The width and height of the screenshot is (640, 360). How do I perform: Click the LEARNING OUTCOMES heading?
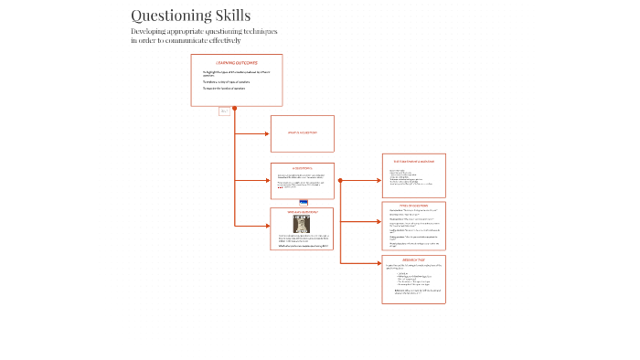(x=236, y=62)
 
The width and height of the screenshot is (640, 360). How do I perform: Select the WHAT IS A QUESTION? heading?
(x=302, y=132)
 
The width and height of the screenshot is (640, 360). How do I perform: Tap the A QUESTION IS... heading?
(x=302, y=169)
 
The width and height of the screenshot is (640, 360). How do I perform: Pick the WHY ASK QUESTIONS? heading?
(x=302, y=212)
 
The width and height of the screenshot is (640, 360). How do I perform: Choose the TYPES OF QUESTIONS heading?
(x=413, y=206)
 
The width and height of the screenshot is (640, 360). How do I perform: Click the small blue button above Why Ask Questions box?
(x=304, y=202)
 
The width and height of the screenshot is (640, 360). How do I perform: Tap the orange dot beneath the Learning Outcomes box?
(x=235, y=108)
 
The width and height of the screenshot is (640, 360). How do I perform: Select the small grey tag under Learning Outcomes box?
(x=224, y=111)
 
